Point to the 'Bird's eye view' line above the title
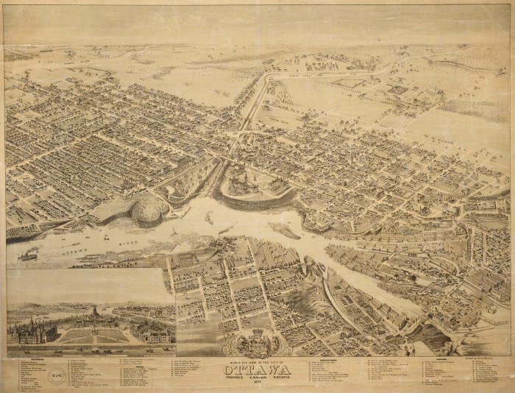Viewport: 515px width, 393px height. (258, 360)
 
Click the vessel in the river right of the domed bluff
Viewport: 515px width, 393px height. (209, 218)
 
